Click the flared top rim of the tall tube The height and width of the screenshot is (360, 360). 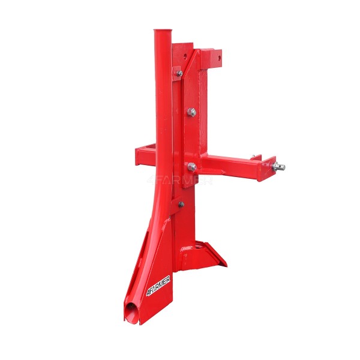[163, 31]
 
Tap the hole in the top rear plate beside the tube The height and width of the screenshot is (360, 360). [185, 56]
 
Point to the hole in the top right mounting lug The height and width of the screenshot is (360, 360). [219, 58]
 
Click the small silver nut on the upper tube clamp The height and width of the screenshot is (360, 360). [179, 73]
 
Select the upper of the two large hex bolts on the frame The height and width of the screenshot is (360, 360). [191, 112]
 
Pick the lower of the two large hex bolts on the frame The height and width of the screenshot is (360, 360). [192, 166]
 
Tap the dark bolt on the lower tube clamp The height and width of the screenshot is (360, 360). [181, 204]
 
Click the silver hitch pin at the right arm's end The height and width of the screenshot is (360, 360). [279, 166]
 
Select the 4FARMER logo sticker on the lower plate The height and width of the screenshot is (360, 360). [158, 286]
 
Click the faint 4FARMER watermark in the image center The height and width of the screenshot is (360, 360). [180, 181]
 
